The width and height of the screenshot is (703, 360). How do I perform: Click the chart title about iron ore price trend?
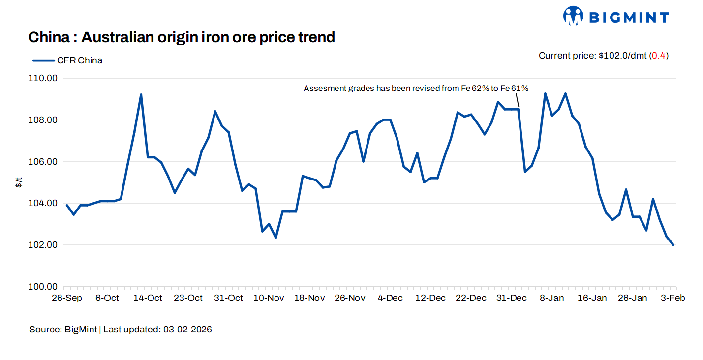(x=182, y=37)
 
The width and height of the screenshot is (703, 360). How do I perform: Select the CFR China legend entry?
(x=68, y=60)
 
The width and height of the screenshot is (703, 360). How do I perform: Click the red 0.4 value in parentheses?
(x=659, y=56)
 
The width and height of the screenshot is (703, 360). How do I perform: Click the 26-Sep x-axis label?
(x=66, y=298)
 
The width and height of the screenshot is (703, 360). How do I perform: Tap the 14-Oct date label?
(x=148, y=298)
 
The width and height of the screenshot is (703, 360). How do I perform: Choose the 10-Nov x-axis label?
(x=269, y=298)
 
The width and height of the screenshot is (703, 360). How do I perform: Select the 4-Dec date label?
(x=390, y=298)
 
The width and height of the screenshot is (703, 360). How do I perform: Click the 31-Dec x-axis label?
(x=512, y=298)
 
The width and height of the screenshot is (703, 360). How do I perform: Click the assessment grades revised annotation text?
(x=416, y=89)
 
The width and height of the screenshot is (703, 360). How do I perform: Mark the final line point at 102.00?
(x=673, y=245)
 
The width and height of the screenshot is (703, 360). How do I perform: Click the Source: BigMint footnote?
(x=121, y=330)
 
